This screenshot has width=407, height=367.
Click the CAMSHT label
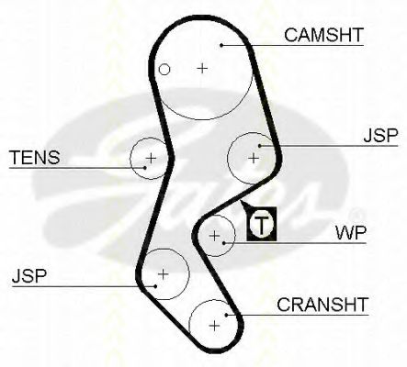tap(323, 35)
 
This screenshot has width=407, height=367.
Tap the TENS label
tap(35, 157)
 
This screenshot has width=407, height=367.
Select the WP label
tap(351, 233)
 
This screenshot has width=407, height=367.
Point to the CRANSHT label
tap(322, 305)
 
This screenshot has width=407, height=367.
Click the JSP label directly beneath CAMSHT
tap(380, 135)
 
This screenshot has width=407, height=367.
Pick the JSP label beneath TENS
tap(29, 276)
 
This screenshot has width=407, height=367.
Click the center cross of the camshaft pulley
tap(202, 68)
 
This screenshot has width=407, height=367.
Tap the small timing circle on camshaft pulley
tap(164, 70)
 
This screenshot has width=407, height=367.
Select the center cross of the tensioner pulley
tap(151, 158)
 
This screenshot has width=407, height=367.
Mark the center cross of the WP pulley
tap(215, 236)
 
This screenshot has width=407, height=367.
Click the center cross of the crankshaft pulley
tap(215, 326)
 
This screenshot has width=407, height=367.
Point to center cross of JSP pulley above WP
tap(254, 158)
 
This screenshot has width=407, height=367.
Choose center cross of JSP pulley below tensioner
tap(163, 273)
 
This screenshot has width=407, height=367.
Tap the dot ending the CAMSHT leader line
tap(221, 45)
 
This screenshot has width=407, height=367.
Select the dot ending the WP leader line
tap(224, 243)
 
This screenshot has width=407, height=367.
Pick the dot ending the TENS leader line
tap(145, 167)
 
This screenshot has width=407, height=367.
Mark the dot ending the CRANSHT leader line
tap(227, 315)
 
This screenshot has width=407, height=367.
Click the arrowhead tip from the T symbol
tap(241, 201)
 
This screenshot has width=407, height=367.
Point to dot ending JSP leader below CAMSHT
tap(260, 146)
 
